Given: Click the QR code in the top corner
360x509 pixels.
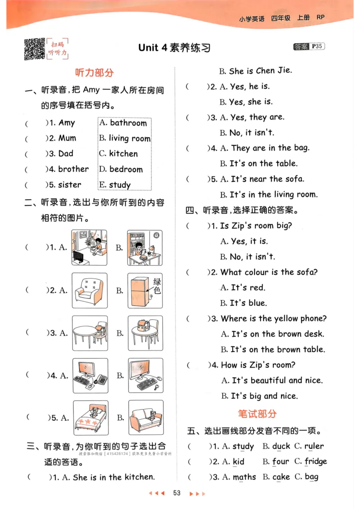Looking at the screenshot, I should [34, 49].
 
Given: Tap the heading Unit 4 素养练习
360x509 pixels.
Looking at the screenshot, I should [174, 48].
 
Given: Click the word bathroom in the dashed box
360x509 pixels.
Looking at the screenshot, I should [128, 123].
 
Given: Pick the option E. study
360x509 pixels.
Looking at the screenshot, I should [115, 185].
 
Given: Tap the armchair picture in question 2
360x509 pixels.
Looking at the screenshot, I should [90, 290].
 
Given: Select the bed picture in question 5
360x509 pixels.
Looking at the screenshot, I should [90, 417].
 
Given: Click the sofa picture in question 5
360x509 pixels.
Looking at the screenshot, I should [145, 417].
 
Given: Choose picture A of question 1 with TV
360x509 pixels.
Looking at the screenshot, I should [89, 248].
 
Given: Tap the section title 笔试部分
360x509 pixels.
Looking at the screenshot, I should [257, 413].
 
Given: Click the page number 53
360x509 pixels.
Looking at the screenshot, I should [177, 493].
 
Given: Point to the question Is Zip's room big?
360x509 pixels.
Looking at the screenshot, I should [256, 226].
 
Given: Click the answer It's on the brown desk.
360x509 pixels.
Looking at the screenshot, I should [278, 334].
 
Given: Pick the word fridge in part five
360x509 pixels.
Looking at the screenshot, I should [315, 461].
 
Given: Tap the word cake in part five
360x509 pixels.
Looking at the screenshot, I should [281, 477].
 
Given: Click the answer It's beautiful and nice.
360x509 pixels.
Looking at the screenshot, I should [277, 380].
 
